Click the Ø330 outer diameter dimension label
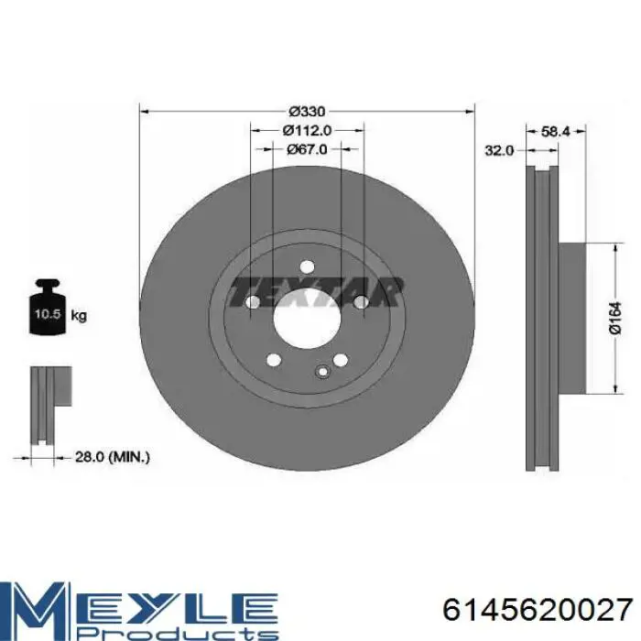click(307, 111)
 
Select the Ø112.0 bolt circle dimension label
click(307, 130)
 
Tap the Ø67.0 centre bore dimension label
click(307, 149)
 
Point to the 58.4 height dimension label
click(556, 131)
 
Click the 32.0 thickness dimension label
click(499, 150)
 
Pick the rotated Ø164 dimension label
click(615, 318)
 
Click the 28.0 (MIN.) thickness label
click(113, 457)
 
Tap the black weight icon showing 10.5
click(48, 307)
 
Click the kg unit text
click(79, 316)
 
